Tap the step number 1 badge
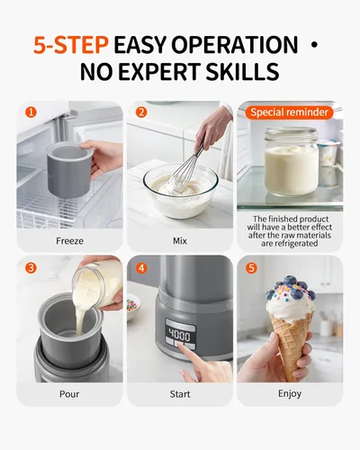31,112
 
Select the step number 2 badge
140,112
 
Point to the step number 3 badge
31,267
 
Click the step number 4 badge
140,267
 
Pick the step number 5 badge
250,267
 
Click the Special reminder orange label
289,112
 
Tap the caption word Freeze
69,240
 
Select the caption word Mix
179,240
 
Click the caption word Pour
69,394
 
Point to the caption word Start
179,394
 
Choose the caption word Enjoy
289,394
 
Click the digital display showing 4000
180,335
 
